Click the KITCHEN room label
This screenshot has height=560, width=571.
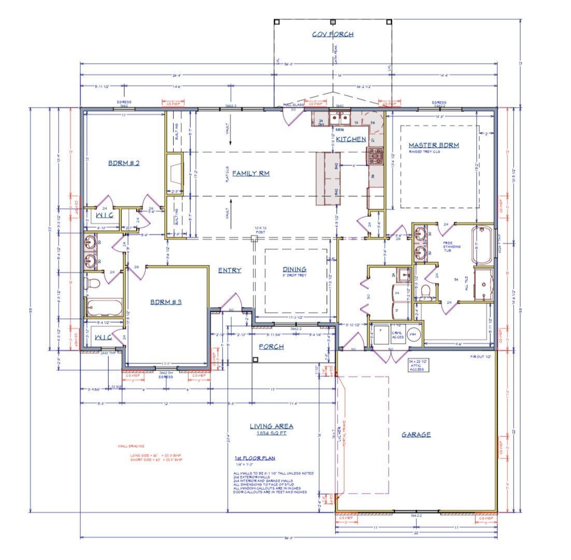[x=351, y=139]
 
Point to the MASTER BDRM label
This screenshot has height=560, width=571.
[x=433, y=145]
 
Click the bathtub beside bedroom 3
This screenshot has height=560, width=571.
[x=104, y=307]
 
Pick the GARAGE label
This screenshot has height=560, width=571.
[x=416, y=435]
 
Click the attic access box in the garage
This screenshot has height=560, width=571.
[x=418, y=365]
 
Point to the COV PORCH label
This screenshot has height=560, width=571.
[x=332, y=34]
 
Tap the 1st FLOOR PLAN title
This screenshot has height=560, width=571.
[x=255, y=458]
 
